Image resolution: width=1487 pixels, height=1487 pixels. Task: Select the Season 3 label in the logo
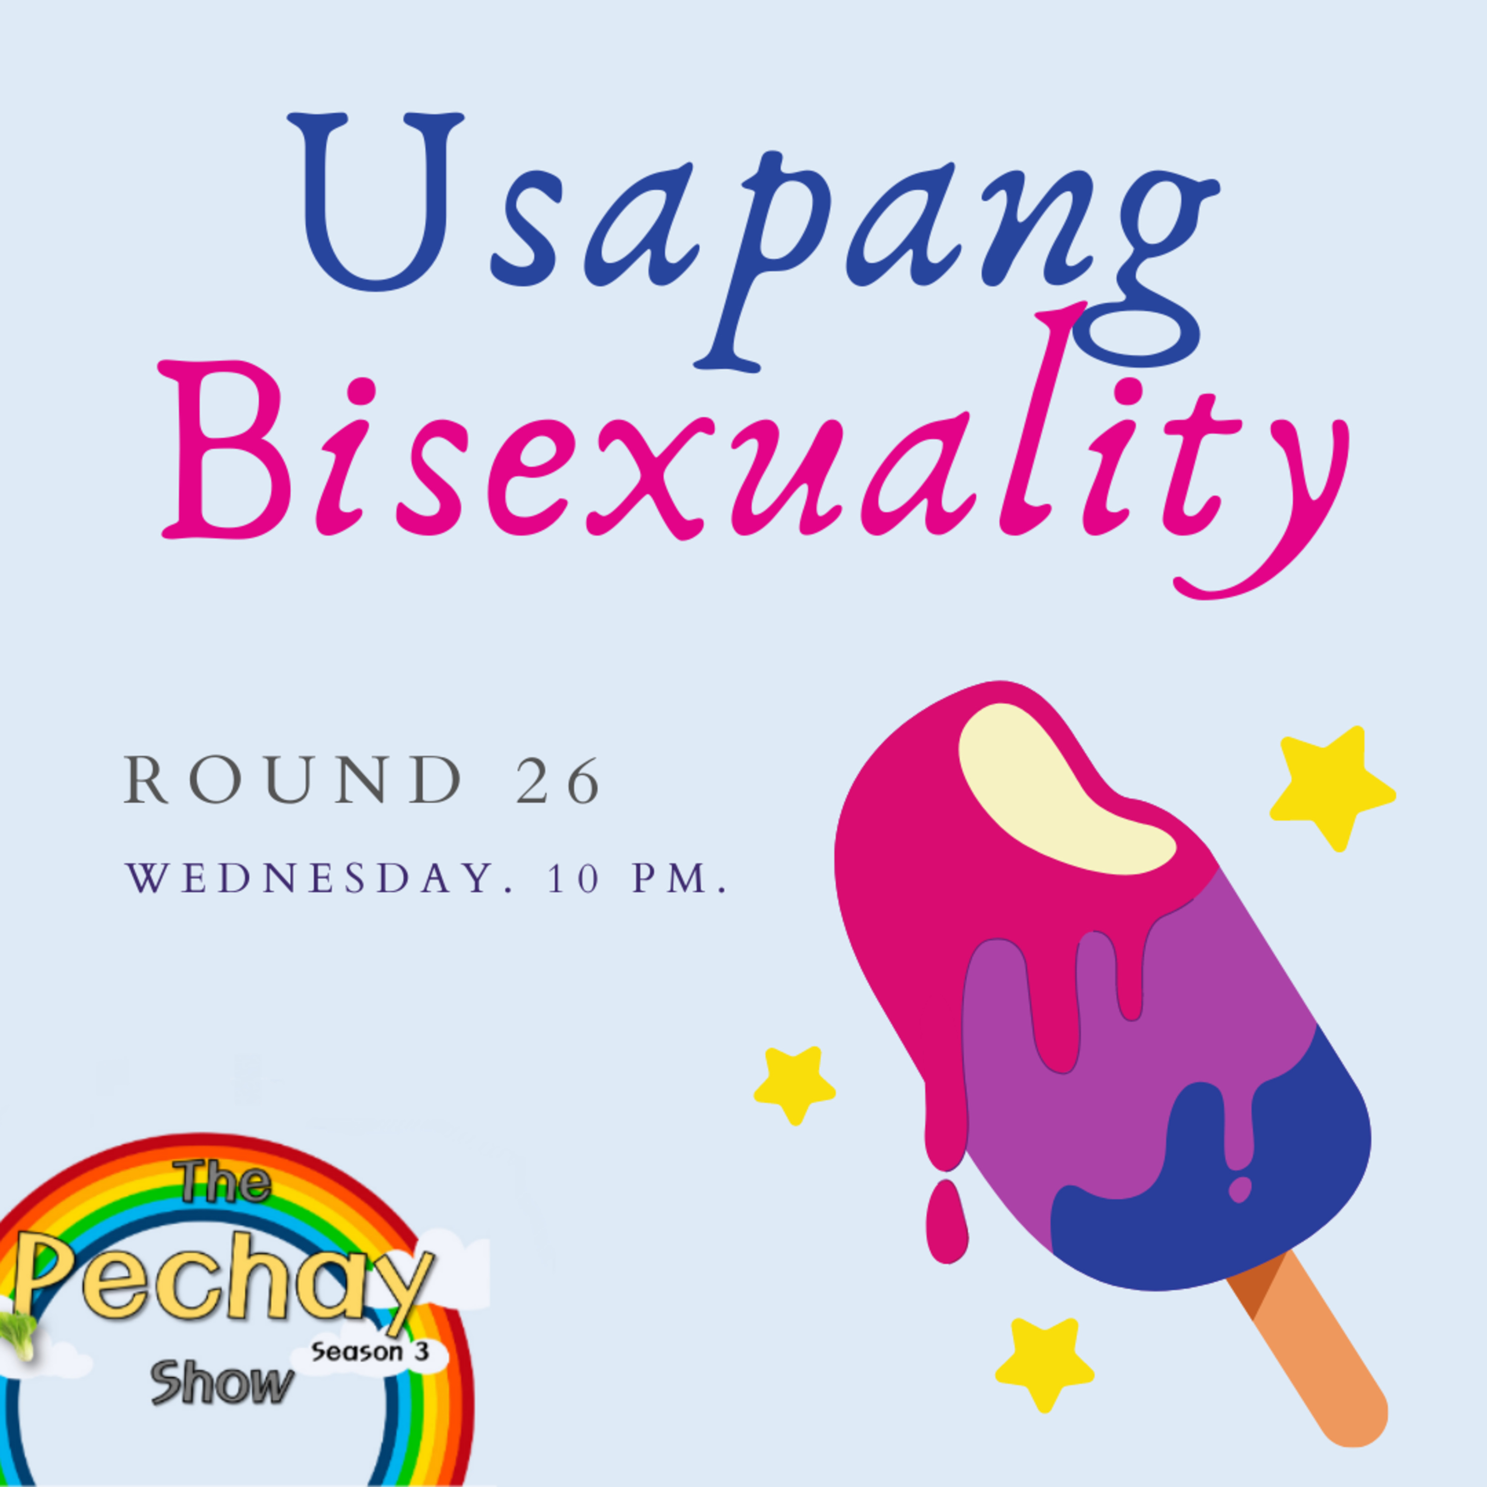[369, 1352]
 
